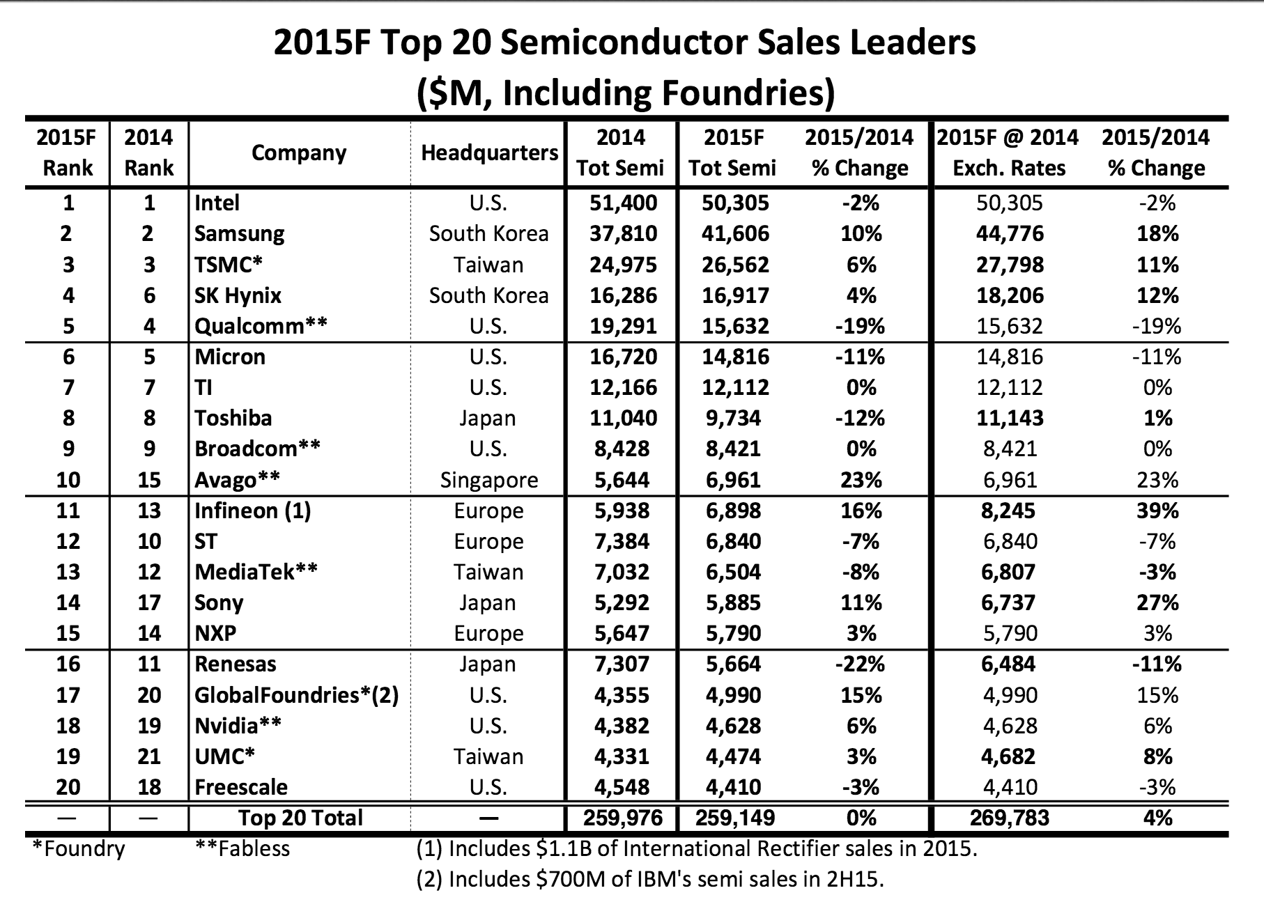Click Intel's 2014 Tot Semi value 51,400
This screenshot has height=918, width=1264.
tap(623, 203)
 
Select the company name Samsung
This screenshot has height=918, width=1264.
tap(239, 233)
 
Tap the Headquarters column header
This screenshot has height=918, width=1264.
tap(489, 153)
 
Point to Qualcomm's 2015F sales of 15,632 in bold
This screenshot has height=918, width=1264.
tap(735, 326)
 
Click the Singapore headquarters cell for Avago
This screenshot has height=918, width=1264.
tap(489, 480)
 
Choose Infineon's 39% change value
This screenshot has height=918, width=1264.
tap(1157, 511)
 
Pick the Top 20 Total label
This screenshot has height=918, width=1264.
tap(300, 817)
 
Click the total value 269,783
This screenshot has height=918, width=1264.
tap(1009, 817)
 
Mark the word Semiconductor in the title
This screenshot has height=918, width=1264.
tap(647, 42)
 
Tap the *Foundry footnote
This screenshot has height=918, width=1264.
tap(79, 848)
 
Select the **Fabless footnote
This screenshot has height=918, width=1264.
tap(242, 848)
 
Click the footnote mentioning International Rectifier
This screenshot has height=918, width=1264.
tap(696, 848)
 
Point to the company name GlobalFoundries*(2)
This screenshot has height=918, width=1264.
tap(296, 694)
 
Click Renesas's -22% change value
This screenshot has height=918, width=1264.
tap(860, 664)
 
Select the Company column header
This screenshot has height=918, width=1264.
tap(299, 153)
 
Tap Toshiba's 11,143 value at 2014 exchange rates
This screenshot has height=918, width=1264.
tap(1009, 418)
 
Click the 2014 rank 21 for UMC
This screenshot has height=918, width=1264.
tap(149, 756)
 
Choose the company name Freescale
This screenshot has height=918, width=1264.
tap(241, 787)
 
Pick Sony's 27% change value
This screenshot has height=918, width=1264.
tap(1157, 602)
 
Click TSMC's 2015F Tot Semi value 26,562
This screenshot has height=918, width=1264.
tap(735, 265)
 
